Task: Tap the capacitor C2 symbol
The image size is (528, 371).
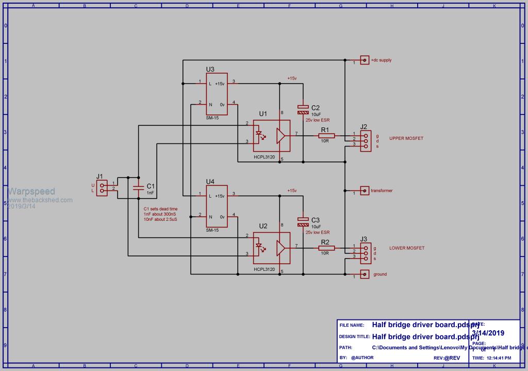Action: [303, 109]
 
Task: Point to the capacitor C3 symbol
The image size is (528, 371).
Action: [303, 222]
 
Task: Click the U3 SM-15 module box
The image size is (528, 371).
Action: [217, 93]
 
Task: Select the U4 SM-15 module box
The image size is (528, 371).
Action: [217, 206]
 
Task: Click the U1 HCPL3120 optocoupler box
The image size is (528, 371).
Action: [271, 136]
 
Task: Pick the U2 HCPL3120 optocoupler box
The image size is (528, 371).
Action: [271, 248]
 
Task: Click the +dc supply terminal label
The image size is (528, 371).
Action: [381, 60]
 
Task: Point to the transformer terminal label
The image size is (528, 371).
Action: [382, 191]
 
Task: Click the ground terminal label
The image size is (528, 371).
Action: [380, 275]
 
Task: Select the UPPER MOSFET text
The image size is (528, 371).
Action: [407, 138]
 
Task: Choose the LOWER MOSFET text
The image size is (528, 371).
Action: [407, 248]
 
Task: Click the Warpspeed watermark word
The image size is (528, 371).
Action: [31, 191]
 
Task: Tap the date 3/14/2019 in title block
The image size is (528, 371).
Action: [488, 333]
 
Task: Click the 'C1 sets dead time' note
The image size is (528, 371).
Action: [160, 209]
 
